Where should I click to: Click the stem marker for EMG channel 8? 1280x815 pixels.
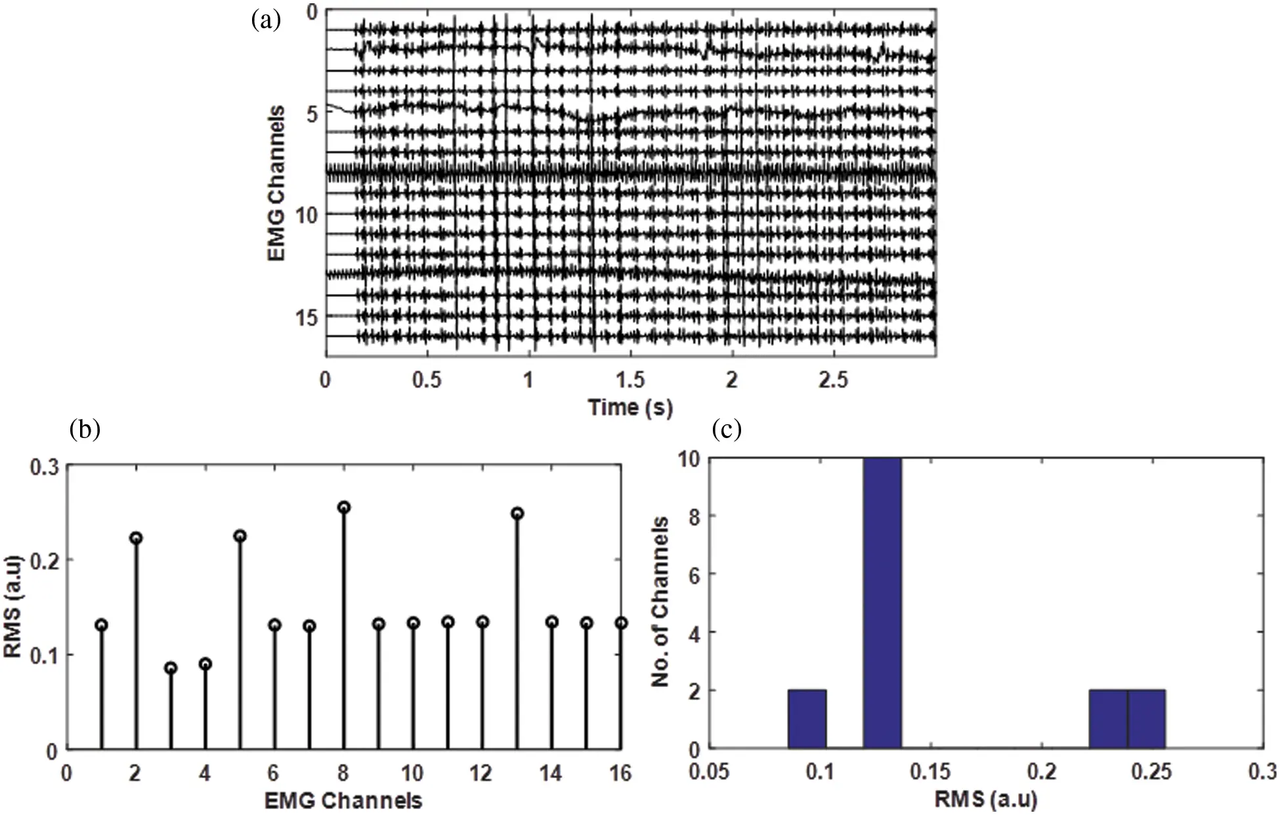[343, 507]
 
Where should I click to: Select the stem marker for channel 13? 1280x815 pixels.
[517, 514]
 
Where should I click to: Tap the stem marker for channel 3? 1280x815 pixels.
[171, 668]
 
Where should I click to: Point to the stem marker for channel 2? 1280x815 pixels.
[136, 538]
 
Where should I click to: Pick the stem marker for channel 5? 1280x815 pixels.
[240, 536]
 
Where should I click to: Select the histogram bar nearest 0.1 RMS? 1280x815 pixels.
[807, 719]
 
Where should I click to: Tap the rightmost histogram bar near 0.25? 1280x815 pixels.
[1146, 719]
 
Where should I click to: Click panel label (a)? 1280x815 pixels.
[266, 20]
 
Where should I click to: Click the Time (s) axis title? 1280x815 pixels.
[630, 407]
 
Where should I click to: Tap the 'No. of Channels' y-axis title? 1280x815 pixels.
[660, 602]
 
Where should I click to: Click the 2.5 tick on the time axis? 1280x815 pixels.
[833, 380]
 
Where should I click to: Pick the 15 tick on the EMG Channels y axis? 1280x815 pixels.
[306, 317]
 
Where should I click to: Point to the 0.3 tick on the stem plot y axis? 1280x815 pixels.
[45, 468]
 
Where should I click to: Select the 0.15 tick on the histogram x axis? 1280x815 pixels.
[929, 771]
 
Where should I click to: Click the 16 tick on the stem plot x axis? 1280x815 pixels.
[620, 773]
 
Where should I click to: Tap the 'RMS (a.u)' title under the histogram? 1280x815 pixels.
[986, 799]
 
